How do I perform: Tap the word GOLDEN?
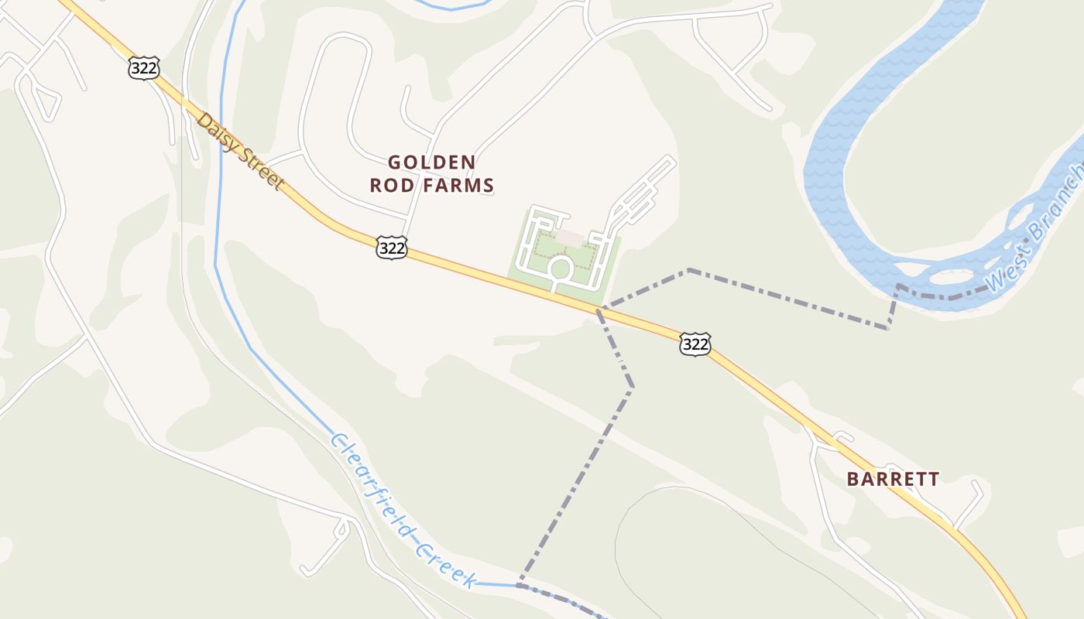[432, 162]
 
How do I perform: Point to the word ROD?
[389, 186]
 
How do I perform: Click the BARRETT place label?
[893, 479]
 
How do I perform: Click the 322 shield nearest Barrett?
[695, 344]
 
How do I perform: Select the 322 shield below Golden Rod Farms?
[392, 248]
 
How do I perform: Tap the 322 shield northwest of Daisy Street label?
[144, 68]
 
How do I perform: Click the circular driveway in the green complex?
[560, 269]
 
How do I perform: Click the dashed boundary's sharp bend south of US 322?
[632, 386]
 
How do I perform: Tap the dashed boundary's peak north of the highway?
[688, 270]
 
